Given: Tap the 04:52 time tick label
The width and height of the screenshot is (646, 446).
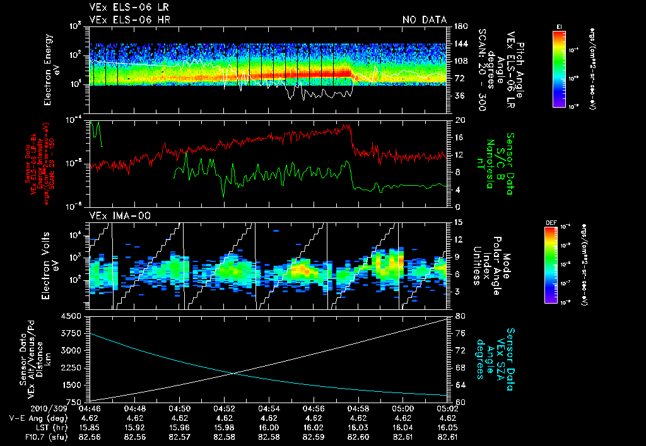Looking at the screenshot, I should tap(225, 408).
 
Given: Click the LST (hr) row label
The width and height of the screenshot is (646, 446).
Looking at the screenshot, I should tap(48, 426).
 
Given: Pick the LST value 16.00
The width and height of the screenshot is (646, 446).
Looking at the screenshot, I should tap(269, 426).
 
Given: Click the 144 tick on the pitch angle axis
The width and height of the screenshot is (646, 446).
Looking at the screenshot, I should tap(461, 43).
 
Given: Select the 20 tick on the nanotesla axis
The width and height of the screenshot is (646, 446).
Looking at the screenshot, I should tap(460, 120).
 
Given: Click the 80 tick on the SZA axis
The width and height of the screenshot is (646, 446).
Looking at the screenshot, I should tap(460, 316).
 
